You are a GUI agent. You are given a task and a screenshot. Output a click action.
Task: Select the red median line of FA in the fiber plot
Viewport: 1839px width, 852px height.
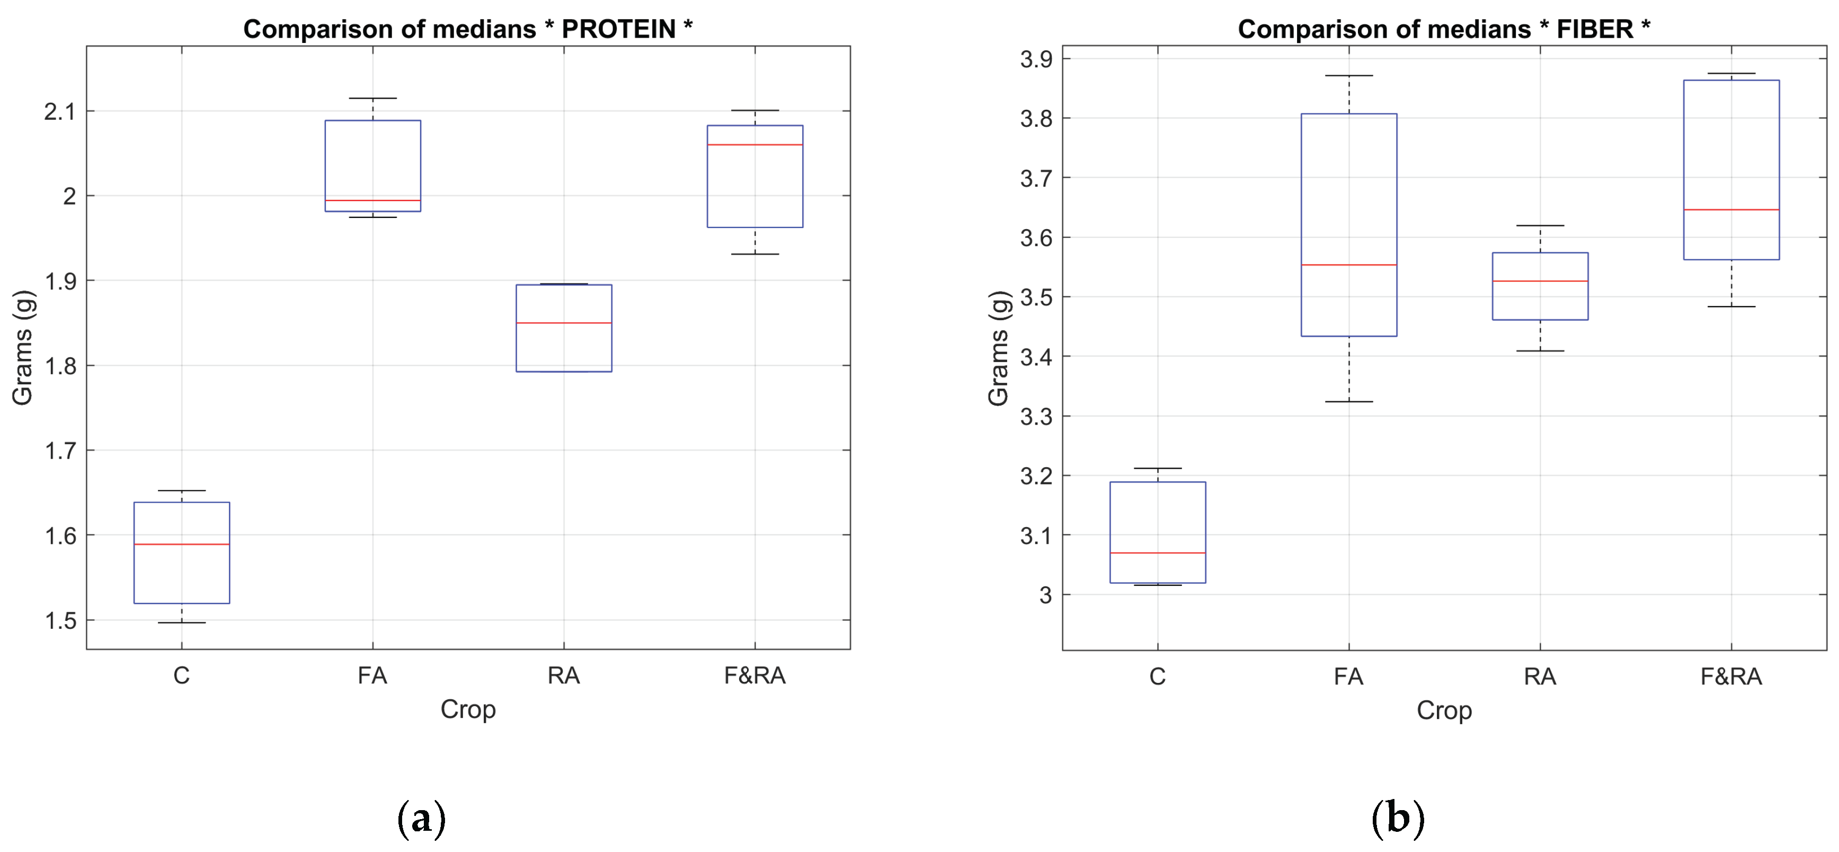click(1348, 265)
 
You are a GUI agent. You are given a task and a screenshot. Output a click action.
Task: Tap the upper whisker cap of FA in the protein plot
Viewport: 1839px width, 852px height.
click(372, 99)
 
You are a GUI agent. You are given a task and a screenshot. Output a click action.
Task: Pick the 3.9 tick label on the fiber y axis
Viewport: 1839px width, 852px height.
click(1036, 59)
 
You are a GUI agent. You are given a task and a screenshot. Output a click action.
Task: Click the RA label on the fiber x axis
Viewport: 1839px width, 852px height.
click(1539, 677)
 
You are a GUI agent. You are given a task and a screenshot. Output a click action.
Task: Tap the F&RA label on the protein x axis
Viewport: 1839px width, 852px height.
click(754, 675)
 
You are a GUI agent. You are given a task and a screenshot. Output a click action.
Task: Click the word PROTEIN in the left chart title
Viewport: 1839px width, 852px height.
click(618, 29)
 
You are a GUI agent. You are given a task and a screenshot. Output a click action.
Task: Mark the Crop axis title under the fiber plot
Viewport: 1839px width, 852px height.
click(1444, 710)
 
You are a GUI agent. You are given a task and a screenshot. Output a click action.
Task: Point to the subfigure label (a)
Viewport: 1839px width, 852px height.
click(421, 819)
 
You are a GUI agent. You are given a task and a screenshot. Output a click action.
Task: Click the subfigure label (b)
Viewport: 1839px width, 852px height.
click(1397, 819)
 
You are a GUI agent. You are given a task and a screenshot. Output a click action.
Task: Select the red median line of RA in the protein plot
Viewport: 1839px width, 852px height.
click(563, 323)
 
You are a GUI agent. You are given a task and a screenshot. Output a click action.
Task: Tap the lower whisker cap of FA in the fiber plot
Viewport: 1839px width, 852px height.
click(1348, 401)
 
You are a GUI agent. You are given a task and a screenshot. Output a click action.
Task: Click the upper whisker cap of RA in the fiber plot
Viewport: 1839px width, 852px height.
click(1540, 226)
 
